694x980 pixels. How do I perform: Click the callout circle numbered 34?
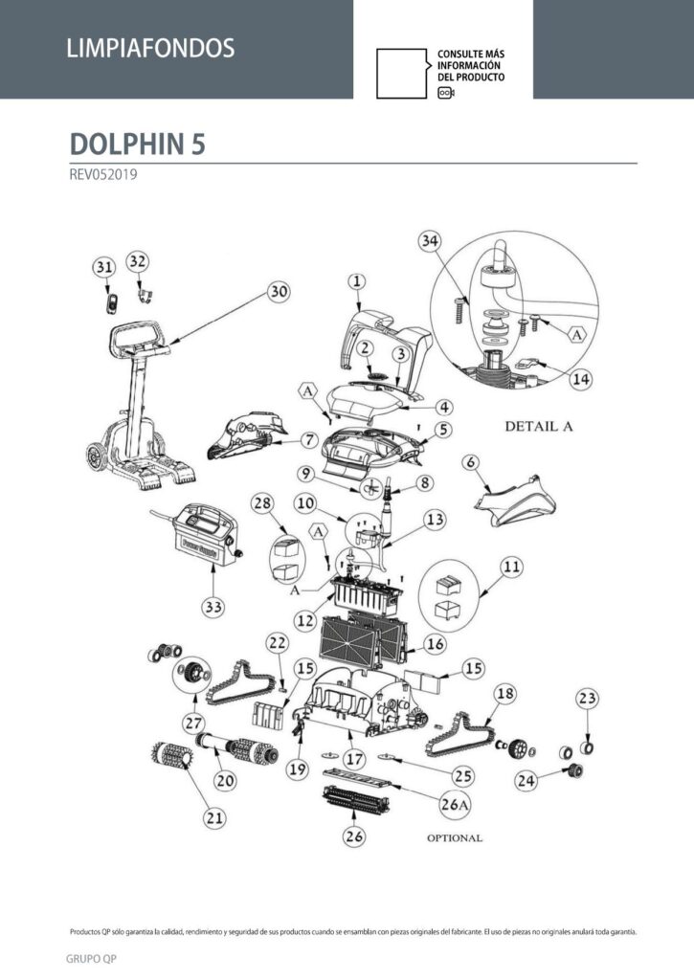click(430, 240)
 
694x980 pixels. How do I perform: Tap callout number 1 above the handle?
click(356, 281)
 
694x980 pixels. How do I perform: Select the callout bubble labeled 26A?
click(454, 804)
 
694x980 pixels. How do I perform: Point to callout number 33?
click(213, 606)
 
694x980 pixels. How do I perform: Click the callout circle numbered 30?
click(279, 291)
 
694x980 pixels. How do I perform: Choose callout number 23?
click(587, 698)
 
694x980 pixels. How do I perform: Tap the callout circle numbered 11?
click(511, 567)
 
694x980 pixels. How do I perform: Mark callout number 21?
click(214, 817)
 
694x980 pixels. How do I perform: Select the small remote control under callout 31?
click(112, 303)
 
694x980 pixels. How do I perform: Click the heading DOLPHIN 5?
click(137, 144)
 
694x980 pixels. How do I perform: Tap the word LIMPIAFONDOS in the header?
click(150, 48)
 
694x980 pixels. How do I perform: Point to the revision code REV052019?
click(103, 174)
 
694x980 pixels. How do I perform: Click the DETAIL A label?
click(538, 426)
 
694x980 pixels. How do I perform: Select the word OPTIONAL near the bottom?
click(455, 838)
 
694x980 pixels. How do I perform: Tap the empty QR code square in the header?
click(401, 73)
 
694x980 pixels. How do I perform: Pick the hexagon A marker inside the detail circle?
click(577, 335)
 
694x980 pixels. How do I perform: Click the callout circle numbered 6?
click(471, 462)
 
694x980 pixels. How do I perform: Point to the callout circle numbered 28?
click(262, 503)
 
